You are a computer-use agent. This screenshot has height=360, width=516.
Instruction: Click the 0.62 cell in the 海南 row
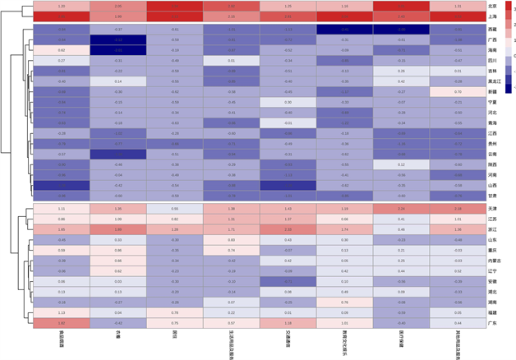(x=62, y=50)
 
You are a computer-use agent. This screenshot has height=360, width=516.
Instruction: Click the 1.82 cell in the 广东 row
(x=62, y=323)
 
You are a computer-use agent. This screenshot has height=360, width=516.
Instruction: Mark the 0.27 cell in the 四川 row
(x=62, y=61)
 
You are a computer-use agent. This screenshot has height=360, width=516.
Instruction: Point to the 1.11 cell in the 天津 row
(x=62, y=209)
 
